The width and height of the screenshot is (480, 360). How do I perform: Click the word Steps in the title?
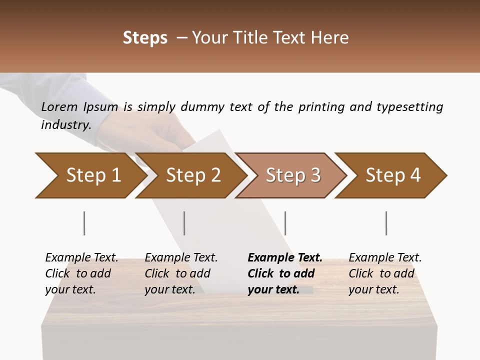coord(145,38)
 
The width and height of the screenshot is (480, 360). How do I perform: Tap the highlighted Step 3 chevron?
coord(293,175)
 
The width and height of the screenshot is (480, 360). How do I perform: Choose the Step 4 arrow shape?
coord(393,175)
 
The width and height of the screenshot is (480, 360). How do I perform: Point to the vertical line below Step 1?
coord(84,223)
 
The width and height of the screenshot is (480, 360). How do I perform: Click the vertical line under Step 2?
coord(184,223)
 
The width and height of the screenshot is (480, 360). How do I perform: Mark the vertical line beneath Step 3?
coord(285,223)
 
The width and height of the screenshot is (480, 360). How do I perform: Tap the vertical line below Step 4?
coord(386,223)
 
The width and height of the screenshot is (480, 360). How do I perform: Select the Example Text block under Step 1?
coord(81,273)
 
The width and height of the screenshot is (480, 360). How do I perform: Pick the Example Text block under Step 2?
coord(181,273)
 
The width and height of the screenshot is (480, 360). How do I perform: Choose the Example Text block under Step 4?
coord(385,273)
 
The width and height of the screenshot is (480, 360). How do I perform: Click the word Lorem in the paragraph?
coord(59,107)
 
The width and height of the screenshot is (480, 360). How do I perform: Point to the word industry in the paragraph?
coord(65,125)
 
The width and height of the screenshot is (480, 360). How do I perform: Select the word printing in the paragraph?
coord(321,107)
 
